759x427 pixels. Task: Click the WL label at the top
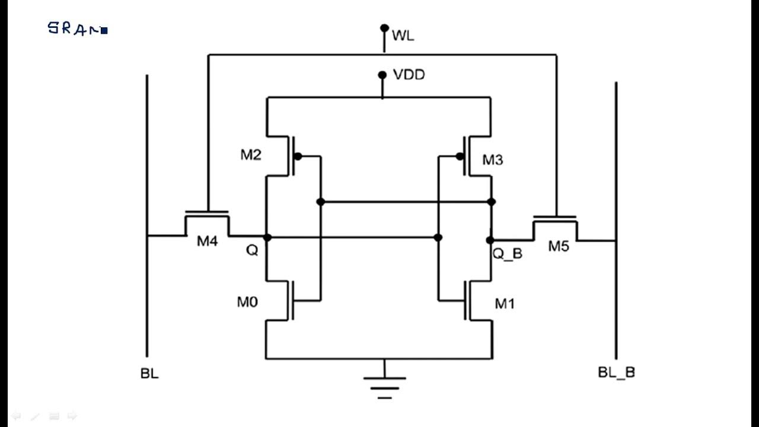click(x=403, y=36)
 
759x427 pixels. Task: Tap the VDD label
click(x=409, y=75)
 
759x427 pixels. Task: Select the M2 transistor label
click(x=250, y=155)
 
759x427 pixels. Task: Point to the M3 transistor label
click(x=492, y=160)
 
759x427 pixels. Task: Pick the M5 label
click(x=558, y=246)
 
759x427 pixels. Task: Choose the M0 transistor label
click(x=247, y=302)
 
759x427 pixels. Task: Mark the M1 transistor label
click(x=505, y=304)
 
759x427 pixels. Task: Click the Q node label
click(x=252, y=251)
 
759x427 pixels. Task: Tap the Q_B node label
click(x=508, y=254)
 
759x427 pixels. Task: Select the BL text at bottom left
click(x=149, y=374)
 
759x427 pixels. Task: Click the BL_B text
click(x=617, y=372)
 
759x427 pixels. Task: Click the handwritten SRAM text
click(x=77, y=28)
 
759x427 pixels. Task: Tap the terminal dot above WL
click(x=384, y=28)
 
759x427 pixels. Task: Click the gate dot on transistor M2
click(x=298, y=157)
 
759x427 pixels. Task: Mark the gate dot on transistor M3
click(x=460, y=157)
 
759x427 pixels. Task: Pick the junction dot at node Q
click(x=267, y=238)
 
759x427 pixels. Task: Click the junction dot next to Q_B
click(x=490, y=240)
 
